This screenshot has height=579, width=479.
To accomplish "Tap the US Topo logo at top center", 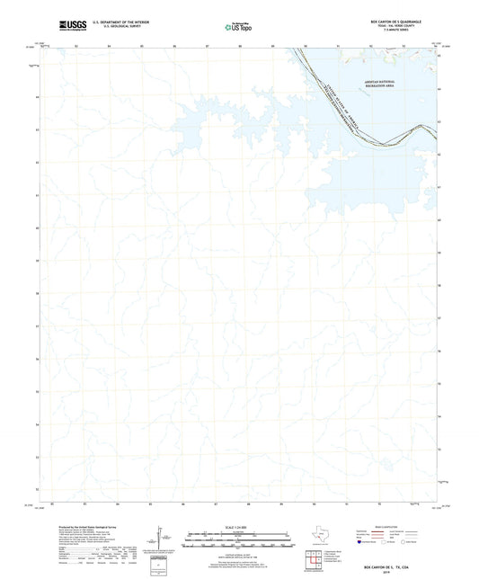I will point(238,23).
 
